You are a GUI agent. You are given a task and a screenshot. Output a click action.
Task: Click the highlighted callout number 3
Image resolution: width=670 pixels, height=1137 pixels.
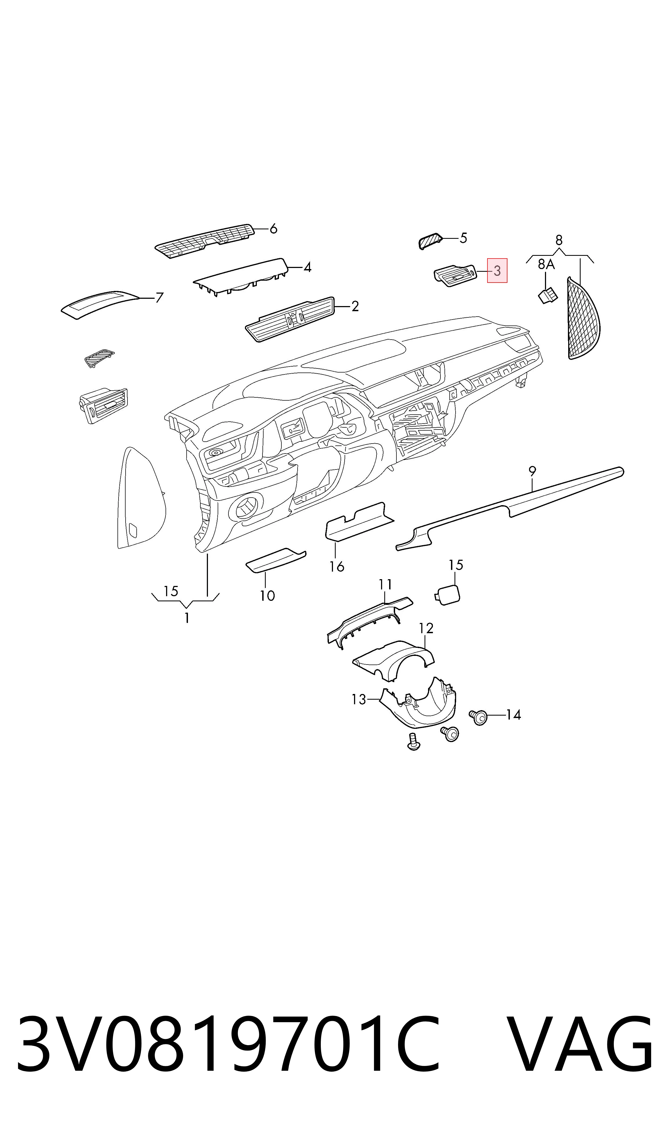tap(497, 271)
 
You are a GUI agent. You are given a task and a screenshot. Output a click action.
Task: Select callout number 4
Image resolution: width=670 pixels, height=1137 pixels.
tap(308, 268)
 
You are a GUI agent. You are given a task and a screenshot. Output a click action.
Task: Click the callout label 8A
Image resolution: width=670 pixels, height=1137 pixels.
tap(546, 264)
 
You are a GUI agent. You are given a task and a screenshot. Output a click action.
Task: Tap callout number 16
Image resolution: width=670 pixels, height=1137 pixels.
tap(337, 566)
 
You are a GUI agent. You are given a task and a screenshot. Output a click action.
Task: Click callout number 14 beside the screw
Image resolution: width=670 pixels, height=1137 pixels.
tap(513, 715)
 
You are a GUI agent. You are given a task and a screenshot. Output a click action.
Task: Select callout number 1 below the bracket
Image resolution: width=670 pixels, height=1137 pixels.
tap(187, 618)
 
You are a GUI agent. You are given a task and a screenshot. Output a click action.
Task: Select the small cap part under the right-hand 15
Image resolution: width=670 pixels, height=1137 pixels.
tap(448, 594)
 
